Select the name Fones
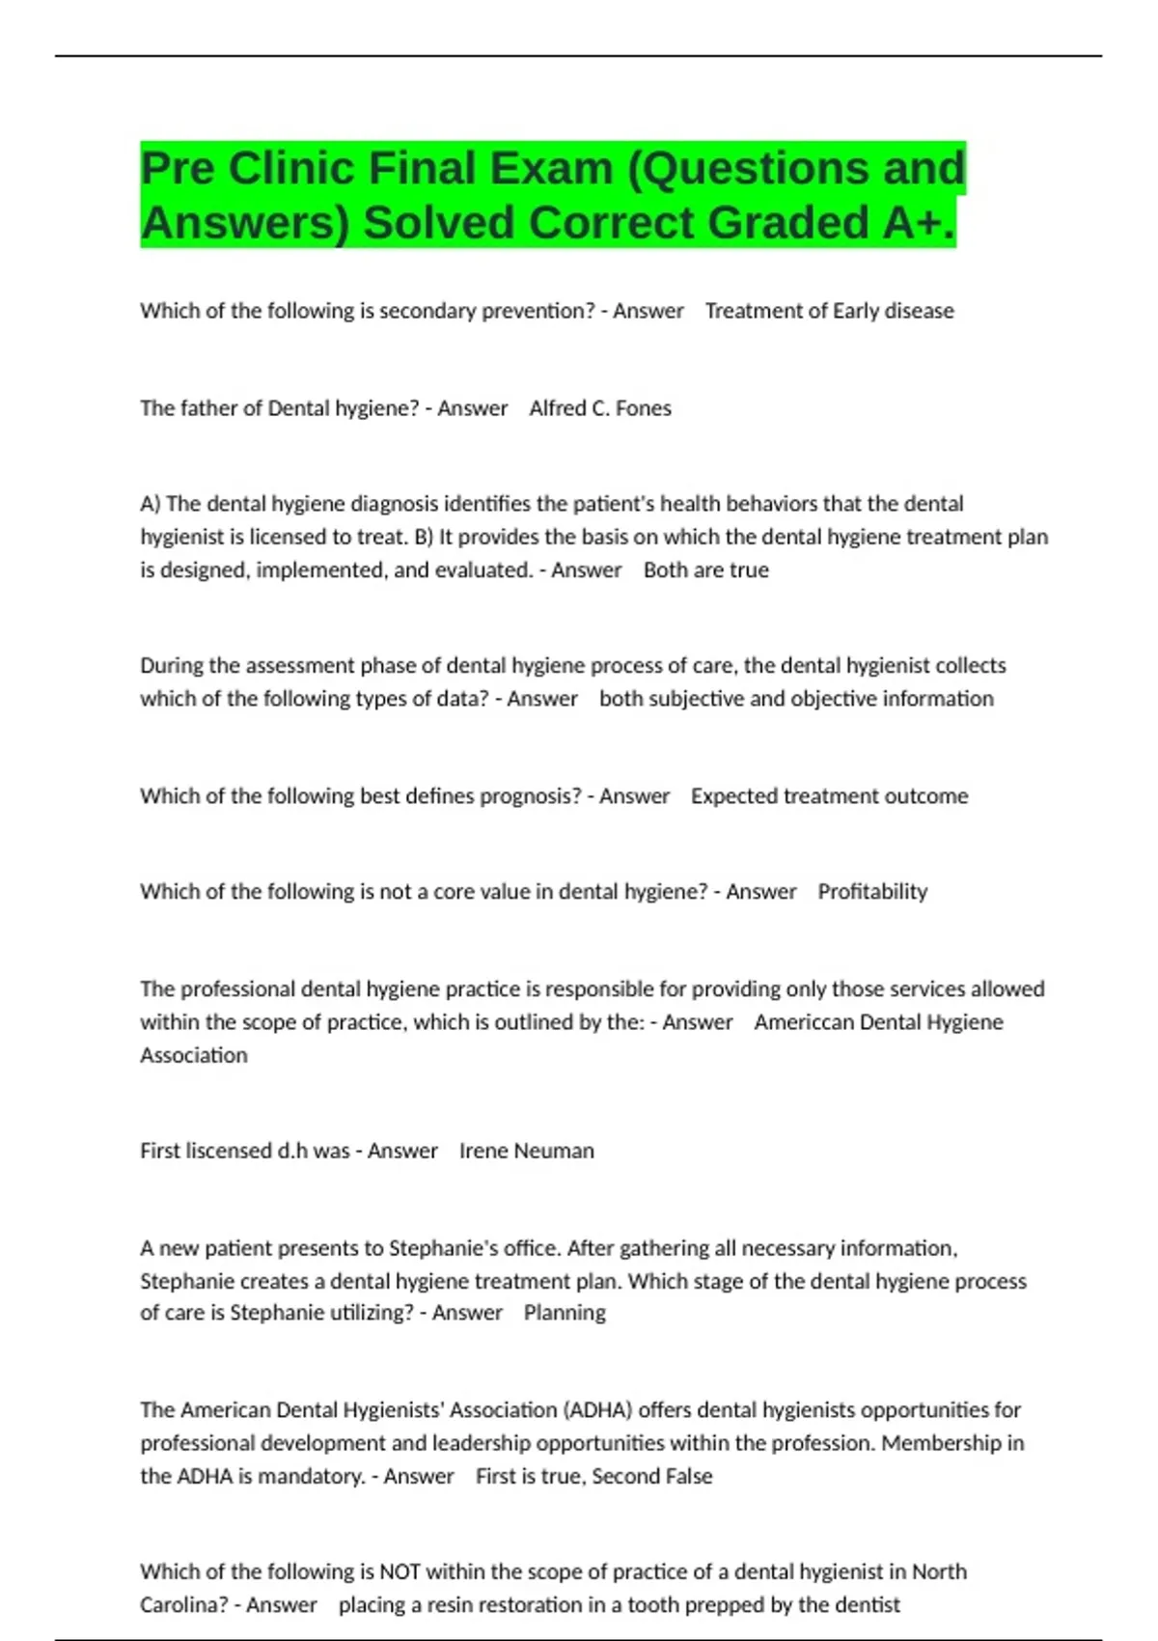point(644,408)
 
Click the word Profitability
point(872,892)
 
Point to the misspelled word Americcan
point(809,1022)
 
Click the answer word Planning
point(565,1313)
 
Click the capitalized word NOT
point(400,1571)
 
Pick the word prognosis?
point(532,796)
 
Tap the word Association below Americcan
point(194,1055)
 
